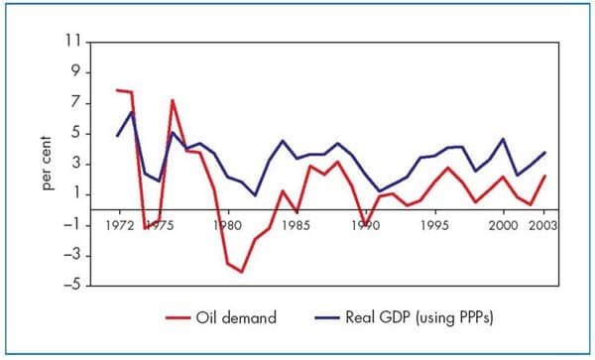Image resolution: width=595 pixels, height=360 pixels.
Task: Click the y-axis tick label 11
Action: pyautogui.click(x=71, y=44)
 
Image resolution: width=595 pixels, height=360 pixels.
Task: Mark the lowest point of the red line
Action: pyautogui.click(x=241, y=272)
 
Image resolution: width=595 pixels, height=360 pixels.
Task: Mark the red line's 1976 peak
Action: pyautogui.click(x=173, y=100)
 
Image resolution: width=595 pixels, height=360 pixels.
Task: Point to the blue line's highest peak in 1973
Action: pyautogui.click(x=132, y=110)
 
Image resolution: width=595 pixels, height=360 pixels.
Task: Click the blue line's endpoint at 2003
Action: pyautogui.click(x=544, y=153)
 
